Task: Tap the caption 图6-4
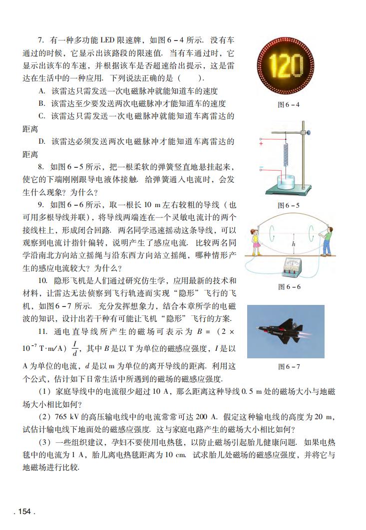point(289,105)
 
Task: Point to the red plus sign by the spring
point(261,143)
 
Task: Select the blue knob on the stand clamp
point(310,133)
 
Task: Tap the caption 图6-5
point(289,205)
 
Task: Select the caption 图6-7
point(289,367)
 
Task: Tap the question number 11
point(43,331)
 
